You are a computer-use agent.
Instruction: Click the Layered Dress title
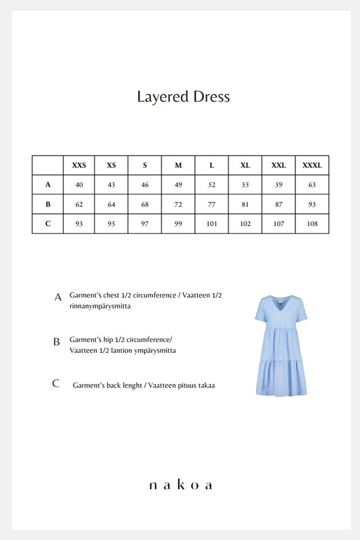click(x=183, y=96)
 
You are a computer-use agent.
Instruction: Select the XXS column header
click(x=79, y=166)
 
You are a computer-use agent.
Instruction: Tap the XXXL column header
click(x=312, y=166)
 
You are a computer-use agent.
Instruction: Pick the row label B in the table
click(x=48, y=204)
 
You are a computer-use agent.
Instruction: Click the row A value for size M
click(x=178, y=185)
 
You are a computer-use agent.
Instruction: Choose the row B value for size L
click(x=212, y=204)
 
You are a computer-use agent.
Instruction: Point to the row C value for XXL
click(x=278, y=224)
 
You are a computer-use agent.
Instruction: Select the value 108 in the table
click(x=312, y=224)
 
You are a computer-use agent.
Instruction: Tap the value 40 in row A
click(x=79, y=185)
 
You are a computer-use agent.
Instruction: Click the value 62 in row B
click(x=79, y=204)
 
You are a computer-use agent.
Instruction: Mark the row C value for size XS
click(x=111, y=224)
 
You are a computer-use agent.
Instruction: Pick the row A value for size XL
click(x=245, y=185)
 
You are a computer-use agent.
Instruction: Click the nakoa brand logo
click(x=180, y=485)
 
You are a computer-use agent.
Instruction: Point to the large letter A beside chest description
click(x=58, y=297)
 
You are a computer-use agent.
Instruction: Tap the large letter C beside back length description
click(x=56, y=384)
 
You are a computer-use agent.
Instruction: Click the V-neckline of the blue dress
click(x=281, y=303)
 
